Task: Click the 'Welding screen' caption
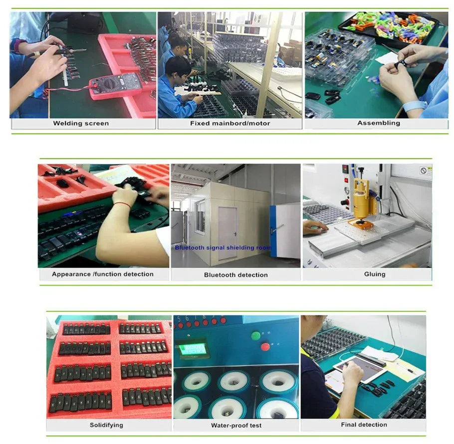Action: (81, 123)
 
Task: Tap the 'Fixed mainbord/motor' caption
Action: (230, 123)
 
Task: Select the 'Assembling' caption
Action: (379, 123)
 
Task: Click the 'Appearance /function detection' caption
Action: (103, 274)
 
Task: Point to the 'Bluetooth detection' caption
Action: (235, 275)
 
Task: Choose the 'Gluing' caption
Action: (375, 274)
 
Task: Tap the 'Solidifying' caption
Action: (106, 425)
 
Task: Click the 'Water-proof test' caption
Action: (236, 425)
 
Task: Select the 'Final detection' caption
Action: (364, 425)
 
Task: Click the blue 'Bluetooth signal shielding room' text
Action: (223, 248)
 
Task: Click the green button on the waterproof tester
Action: (255, 336)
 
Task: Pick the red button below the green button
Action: (265, 346)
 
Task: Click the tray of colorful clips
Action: (388, 27)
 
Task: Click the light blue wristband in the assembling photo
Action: (414, 106)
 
